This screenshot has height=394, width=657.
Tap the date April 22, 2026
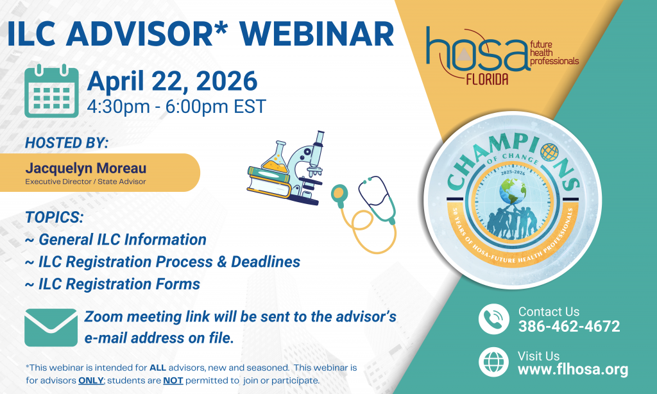pyautogui.click(x=172, y=81)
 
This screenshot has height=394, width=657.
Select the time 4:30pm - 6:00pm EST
pyautogui.click(x=176, y=106)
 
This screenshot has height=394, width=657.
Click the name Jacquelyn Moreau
pyautogui.click(x=86, y=169)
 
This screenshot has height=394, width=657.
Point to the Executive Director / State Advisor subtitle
pyautogui.click(x=86, y=182)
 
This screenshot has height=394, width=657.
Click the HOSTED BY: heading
pyautogui.click(x=67, y=142)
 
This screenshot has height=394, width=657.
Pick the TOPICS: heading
pyautogui.click(x=55, y=217)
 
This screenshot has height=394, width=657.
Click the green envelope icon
pyautogui.click(x=51, y=327)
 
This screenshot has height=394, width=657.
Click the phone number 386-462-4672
pyautogui.click(x=569, y=327)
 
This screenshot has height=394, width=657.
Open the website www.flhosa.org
pyautogui.click(x=573, y=370)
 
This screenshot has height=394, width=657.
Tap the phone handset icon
pyautogui.click(x=493, y=319)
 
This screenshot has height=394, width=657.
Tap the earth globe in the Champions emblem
pyautogui.click(x=513, y=191)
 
